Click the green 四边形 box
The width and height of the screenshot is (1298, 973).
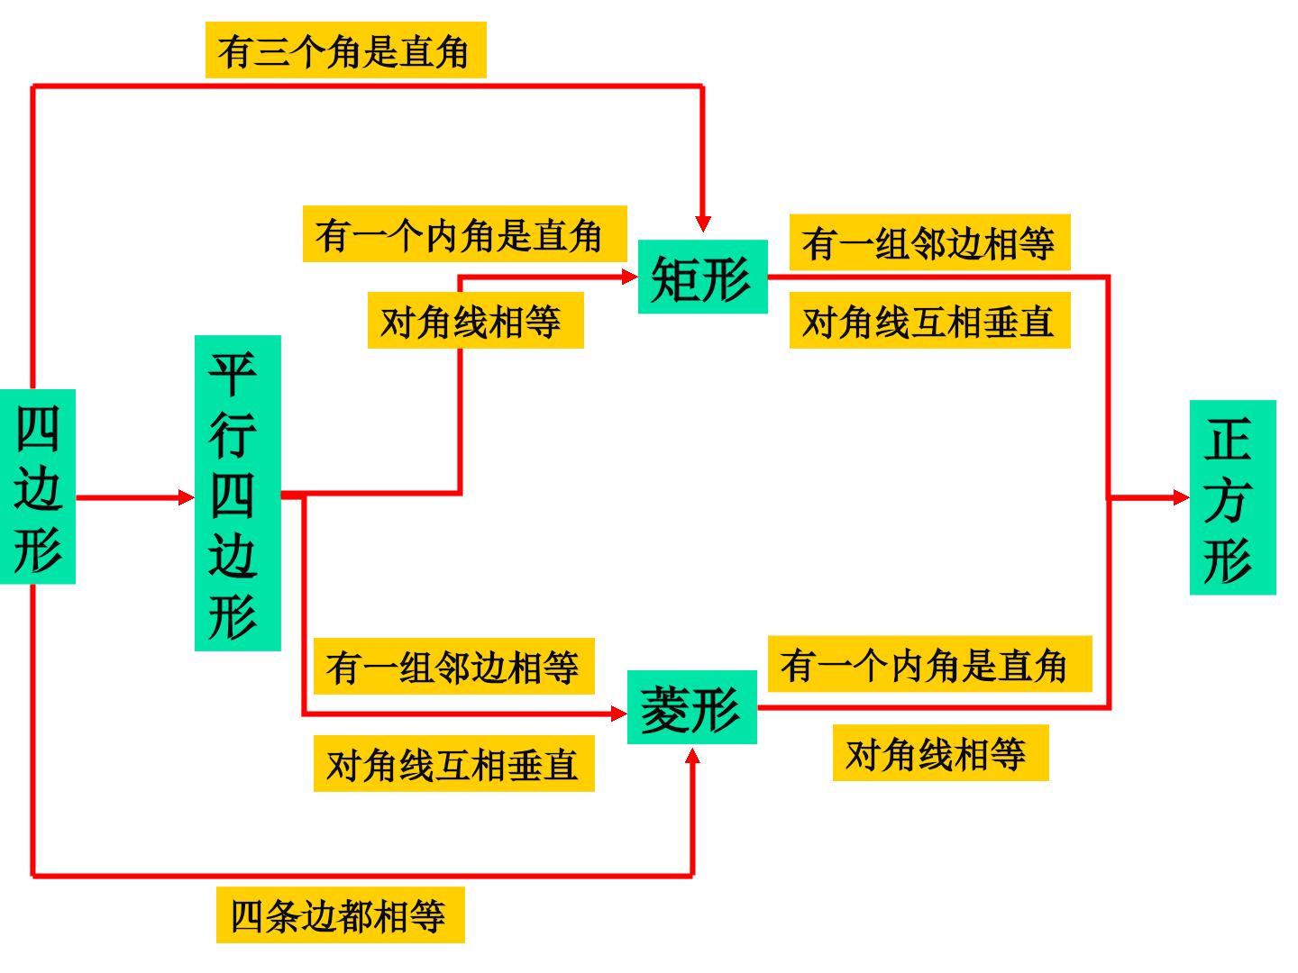click(37, 486)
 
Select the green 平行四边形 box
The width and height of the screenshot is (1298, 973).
click(238, 494)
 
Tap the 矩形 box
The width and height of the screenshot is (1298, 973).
click(702, 277)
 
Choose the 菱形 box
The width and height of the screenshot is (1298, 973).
click(692, 707)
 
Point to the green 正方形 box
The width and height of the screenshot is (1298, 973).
click(1233, 497)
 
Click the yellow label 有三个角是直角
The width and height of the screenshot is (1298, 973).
click(346, 50)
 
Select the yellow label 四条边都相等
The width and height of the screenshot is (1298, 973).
click(341, 915)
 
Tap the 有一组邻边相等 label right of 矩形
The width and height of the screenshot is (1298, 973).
click(930, 242)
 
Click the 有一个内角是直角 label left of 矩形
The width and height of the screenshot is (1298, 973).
click(465, 234)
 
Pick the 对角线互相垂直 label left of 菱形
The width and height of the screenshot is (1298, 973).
click(454, 764)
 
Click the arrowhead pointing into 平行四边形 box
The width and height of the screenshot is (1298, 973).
click(187, 497)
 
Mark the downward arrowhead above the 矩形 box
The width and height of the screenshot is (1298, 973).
click(702, 224)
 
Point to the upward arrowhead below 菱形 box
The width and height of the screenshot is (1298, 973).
click(692, 757)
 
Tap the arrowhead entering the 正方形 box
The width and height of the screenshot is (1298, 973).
click(1181, 497)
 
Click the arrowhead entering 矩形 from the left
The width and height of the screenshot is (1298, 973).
click(630, 277)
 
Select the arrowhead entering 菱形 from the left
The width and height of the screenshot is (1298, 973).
click(619, 714)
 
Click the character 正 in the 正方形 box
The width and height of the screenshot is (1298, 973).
click(1228, 439)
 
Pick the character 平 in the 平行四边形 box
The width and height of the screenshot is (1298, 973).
click(233, 373)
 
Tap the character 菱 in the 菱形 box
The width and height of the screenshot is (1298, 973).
click(665, 709)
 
